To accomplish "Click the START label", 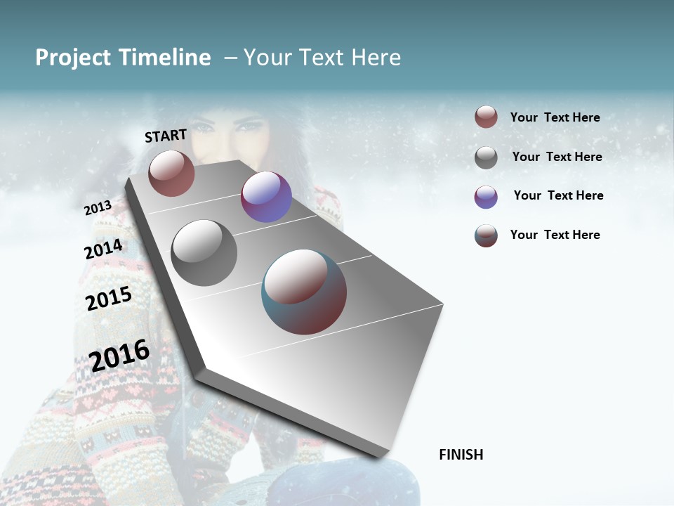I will click(166, 136).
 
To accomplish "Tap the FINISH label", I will click(461, 455).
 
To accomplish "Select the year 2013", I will click(98, 208).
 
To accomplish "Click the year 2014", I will click(103, 249).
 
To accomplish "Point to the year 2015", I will click(109, 299).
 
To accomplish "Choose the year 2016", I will click(119, 355).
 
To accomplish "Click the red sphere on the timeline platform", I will click(171, 173).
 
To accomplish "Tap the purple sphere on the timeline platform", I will click(266, 197).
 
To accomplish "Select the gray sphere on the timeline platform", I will click(204, 253).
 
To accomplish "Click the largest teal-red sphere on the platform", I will click(304, 292).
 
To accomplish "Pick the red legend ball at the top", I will click(486, 117).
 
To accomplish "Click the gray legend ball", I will click(486, 157).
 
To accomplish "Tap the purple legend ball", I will click(486, 197).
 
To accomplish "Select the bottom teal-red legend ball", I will click(486, 235).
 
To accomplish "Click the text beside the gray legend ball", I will click(557, 157).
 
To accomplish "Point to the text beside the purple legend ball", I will click(558, 195).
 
